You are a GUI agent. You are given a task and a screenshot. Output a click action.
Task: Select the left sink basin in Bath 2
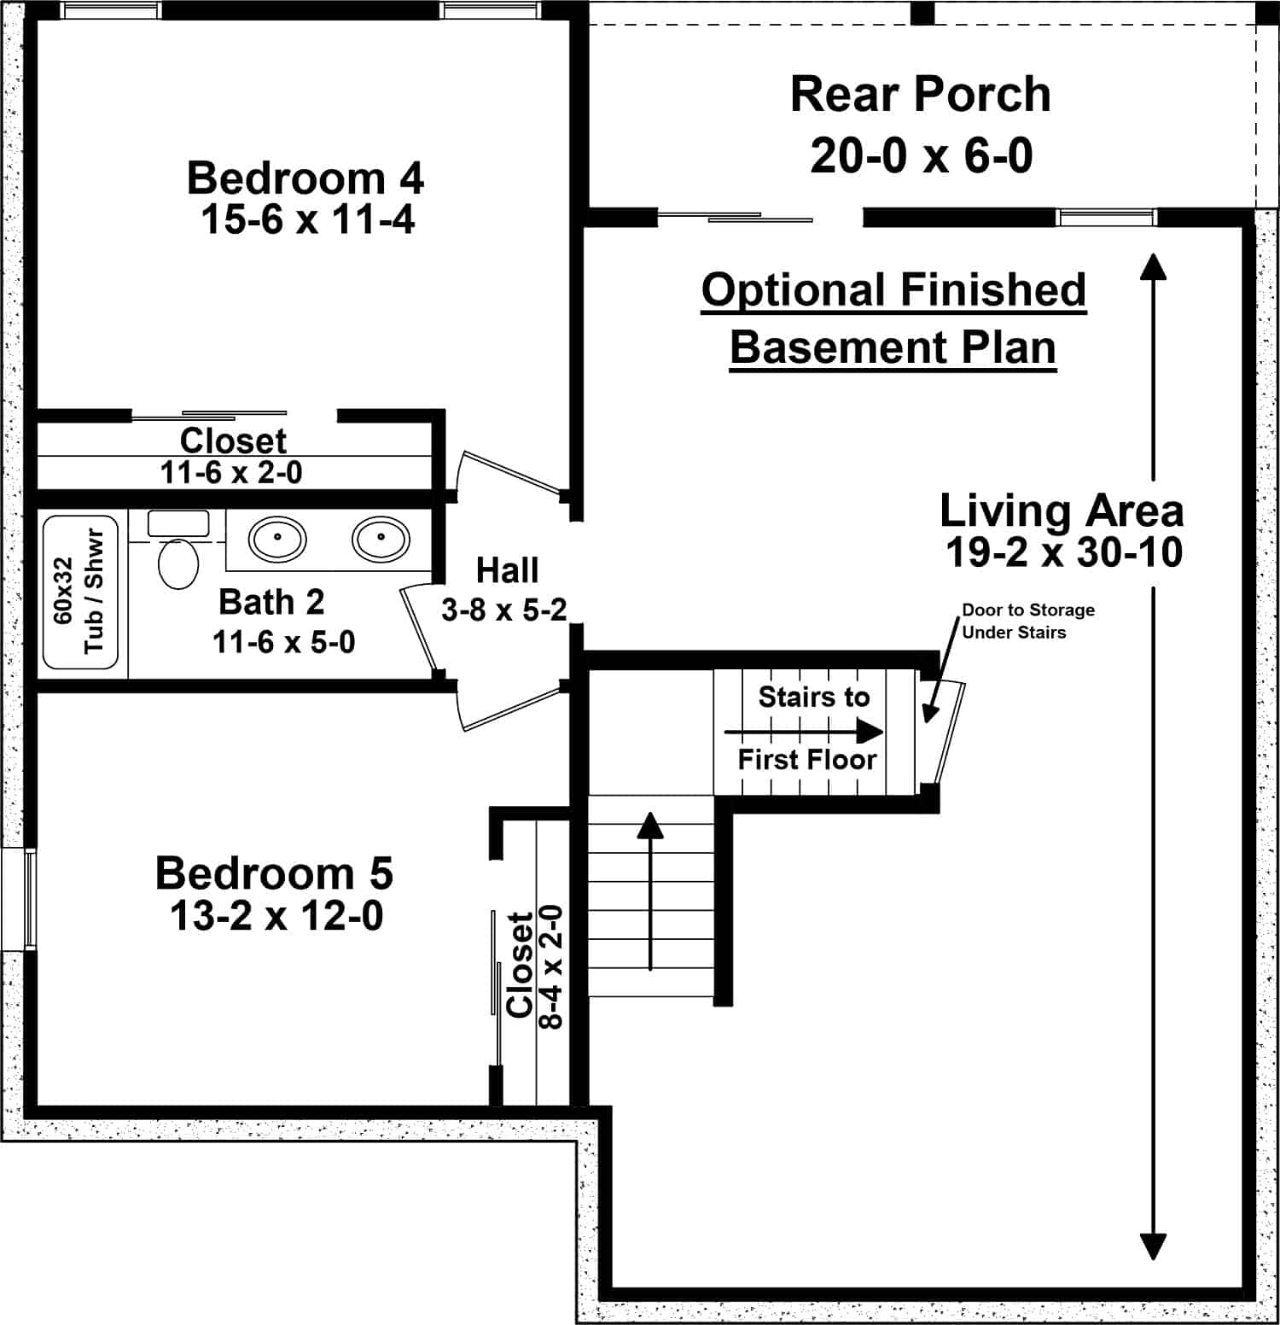click(x=277, y=538)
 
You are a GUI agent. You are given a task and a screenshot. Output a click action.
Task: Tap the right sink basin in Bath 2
click(x=381, y=538)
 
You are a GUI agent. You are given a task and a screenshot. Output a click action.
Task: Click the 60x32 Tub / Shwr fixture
click(x=81, y=592)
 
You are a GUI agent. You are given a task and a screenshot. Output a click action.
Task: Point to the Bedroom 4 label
click(x=305, y=178)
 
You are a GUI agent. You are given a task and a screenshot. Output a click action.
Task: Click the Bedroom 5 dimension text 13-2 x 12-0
click(x=276, y=916)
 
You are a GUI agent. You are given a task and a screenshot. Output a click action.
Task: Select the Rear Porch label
click(x=920, y=94)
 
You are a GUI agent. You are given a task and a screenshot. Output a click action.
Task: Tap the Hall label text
click(x=507, y=570)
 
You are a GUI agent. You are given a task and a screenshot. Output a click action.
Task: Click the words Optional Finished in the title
click(x=893, y=290)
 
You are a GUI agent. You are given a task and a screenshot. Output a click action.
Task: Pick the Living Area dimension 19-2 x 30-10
click(x=1063, y=552)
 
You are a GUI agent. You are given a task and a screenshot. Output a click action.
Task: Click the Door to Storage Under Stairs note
click(x=1027, y=621)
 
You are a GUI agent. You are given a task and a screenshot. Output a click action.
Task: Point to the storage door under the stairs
click(x=950, y=733)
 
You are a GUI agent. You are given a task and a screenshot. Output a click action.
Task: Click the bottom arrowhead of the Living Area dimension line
click(x=1153, y=1246)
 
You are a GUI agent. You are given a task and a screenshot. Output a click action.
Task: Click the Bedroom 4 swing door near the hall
click(x=509, y=474)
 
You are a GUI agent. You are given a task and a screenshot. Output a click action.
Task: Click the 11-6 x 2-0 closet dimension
click(x=231, y=472)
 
